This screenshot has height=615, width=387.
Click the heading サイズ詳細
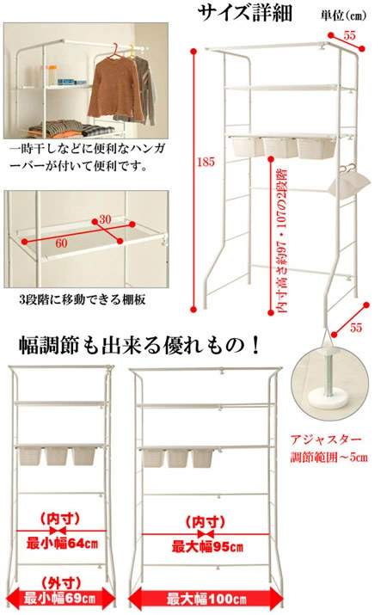point(244,13)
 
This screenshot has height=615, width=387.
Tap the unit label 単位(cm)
point(343,15)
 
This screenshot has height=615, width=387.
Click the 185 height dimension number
point(206,162)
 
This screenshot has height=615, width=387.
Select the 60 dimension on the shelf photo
point(61,243)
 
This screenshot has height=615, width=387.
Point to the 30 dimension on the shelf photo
point(105,218)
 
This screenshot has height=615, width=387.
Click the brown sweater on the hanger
point(115,88)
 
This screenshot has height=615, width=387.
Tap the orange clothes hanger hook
point(115,49)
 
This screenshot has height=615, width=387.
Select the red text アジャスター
point(325,440)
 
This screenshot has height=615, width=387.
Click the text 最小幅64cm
point(62,544)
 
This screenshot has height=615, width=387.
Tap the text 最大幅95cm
point(207,547)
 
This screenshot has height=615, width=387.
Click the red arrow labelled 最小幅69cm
point(61,599)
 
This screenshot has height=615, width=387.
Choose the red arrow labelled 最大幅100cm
point(206,599)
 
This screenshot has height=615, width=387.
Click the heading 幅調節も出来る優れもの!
point(139,346)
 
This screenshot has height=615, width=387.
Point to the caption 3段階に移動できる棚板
point(83,299)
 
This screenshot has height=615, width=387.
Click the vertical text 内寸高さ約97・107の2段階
point(281,241)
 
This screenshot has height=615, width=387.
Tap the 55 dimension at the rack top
point(349,35)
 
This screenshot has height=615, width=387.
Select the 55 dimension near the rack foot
point(356,327)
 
